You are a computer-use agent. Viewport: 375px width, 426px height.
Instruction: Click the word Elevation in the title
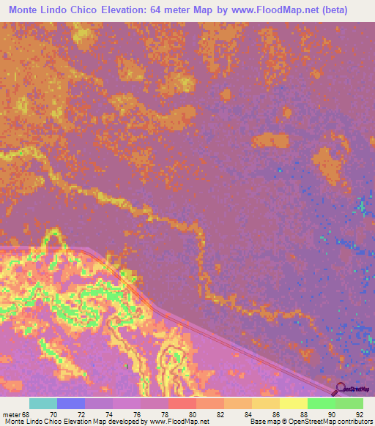121,10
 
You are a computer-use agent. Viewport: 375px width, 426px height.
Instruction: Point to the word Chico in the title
78,10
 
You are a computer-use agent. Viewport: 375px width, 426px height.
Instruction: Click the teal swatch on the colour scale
43,404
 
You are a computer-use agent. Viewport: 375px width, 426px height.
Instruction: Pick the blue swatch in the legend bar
71,404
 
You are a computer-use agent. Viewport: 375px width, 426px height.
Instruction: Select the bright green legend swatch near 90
321,404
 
